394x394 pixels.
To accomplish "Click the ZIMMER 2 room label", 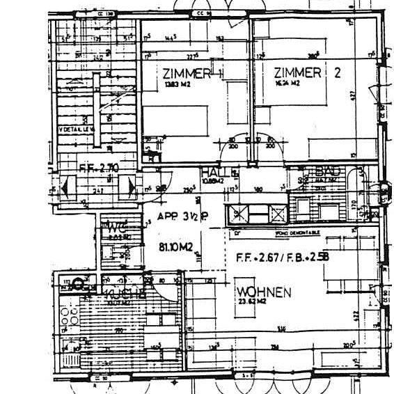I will point(306,73).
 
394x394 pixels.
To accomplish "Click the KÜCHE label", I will point(124,293).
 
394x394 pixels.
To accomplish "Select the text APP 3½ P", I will point(183,216).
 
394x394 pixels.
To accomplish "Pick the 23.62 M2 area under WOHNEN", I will point(252,302).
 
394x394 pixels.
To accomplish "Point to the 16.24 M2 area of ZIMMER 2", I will point(286,84).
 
